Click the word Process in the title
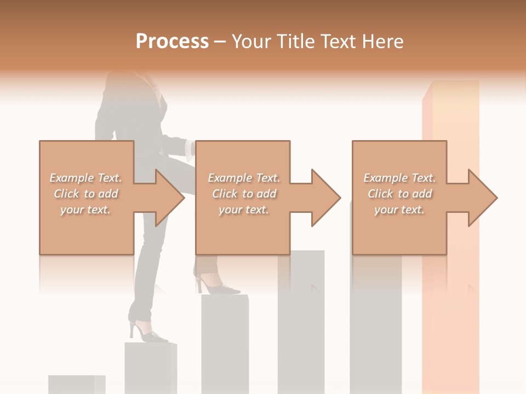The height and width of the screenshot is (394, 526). tap(172, 42)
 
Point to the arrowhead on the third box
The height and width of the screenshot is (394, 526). tap(482, 198)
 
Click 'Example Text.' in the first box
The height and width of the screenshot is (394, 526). tap(86, 178)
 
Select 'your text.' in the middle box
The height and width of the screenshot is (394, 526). tap(243, 210)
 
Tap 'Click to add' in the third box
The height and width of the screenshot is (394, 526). tap(399, 194)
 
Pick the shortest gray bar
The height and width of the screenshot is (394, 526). tap(76, 384)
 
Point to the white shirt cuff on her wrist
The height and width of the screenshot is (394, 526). tap(189, 148)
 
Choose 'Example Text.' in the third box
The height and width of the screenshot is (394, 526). tap(399, 178)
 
